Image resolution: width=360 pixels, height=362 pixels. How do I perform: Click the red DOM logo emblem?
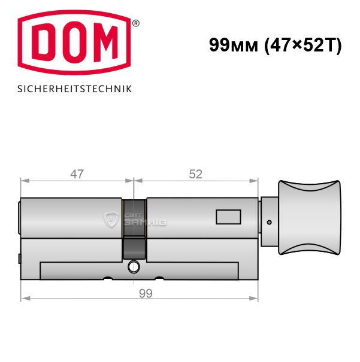click(x=74, y=42)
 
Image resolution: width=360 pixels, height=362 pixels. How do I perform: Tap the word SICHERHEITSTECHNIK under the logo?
click(x=75, y=89)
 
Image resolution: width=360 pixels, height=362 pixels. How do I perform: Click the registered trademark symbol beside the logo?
click(x=136, y=23)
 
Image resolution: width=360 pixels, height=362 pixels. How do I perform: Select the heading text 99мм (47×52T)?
click(x=275, y=45)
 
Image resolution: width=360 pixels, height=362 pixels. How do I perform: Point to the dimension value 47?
click(x=77, y=174)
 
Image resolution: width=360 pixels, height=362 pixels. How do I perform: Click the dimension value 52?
click(x=195, y=174)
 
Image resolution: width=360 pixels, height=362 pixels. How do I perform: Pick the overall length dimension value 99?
click(x=146, y=293)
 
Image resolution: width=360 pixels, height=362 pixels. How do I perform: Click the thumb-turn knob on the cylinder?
click(x=310, y=217)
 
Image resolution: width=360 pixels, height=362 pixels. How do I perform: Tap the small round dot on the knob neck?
click(x=269, y=223)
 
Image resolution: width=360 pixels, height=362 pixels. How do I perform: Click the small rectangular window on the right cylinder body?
click(x=228, y=217)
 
